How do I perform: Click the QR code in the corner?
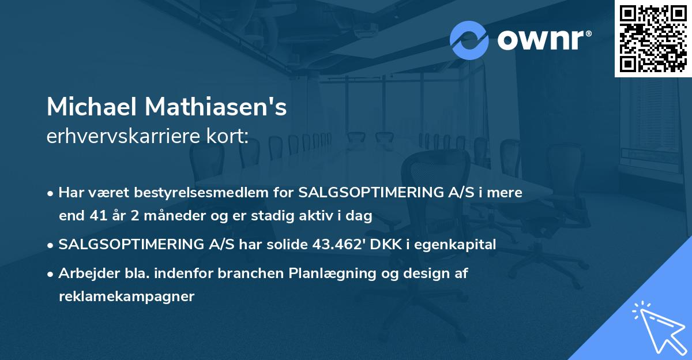tap(653, 39)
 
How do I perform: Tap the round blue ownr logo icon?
tap(469, 40)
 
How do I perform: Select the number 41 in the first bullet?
tap(95, 216)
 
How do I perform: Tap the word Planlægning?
tap(334, 273)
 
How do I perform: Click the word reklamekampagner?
tap(127, 297)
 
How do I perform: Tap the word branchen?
tap(254, 273)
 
